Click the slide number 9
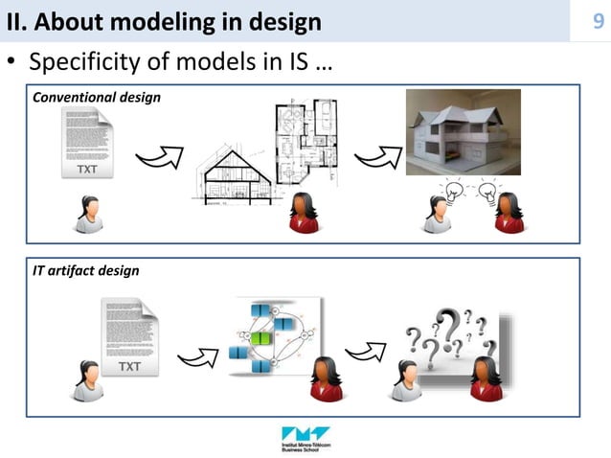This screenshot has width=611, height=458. tap(598, 20)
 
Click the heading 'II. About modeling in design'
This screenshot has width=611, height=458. tap(164, 20)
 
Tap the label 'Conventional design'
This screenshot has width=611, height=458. tap(97, 98)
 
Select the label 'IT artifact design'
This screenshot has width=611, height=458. tap(86, 271)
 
